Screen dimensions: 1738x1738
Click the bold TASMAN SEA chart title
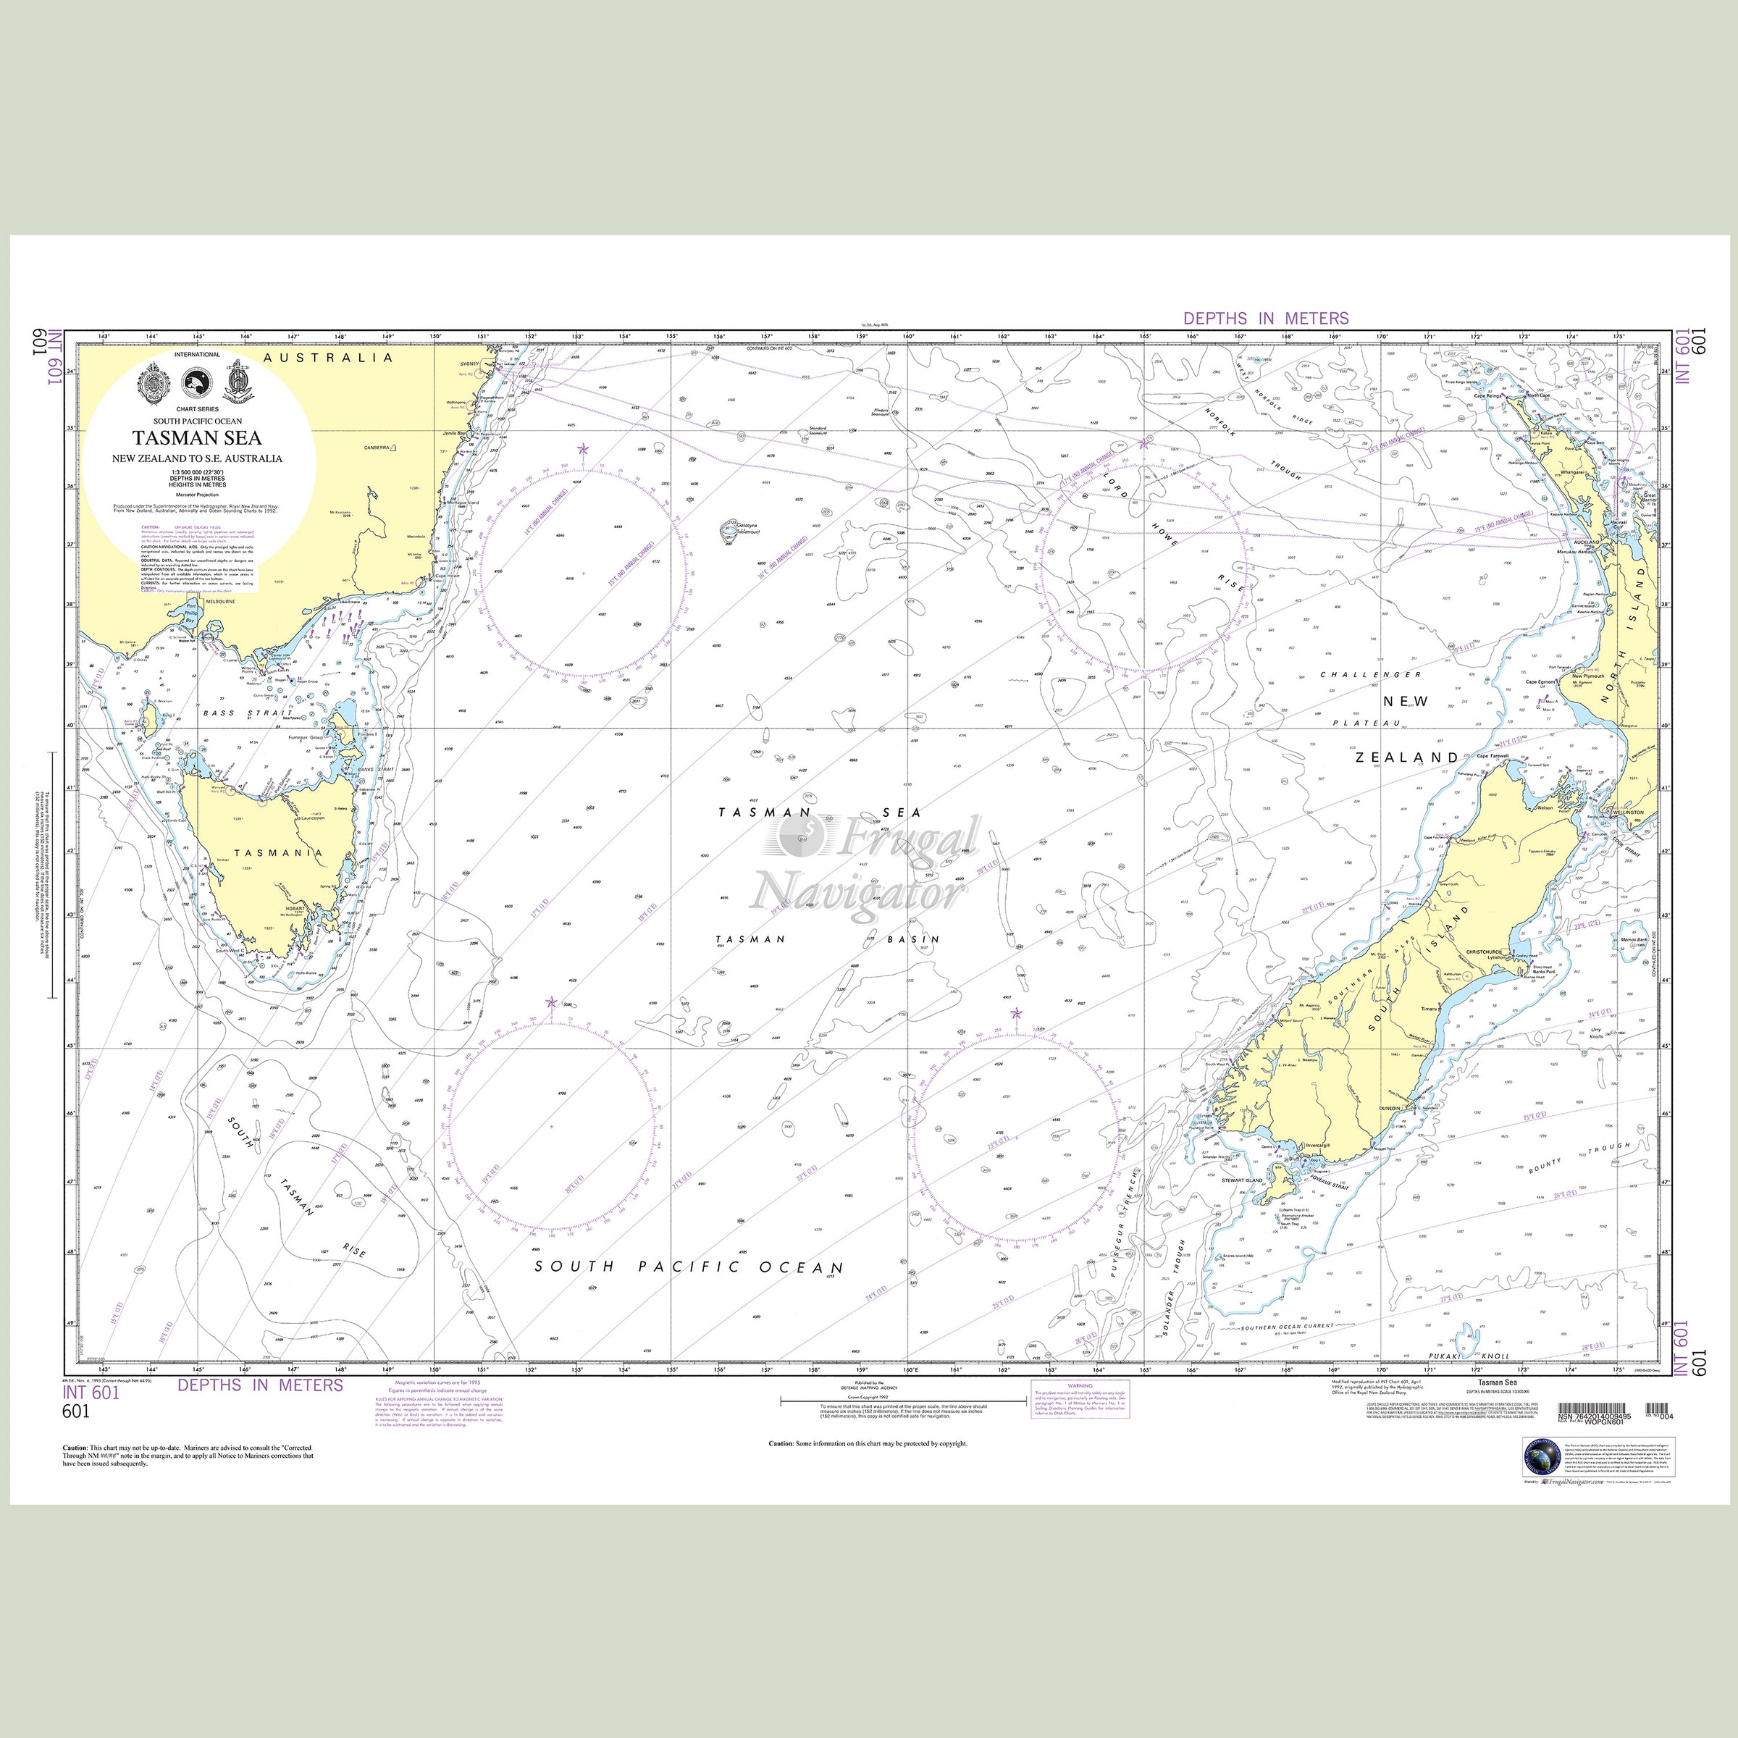click(x=198, y=438)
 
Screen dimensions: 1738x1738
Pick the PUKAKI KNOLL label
click(x=1466, y=1356)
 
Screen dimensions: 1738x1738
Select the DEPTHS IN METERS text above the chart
click(x=1266, y=319)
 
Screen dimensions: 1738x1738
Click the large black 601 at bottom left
click(x=77, y=1411)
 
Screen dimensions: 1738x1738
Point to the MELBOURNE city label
click(x=219, y=601)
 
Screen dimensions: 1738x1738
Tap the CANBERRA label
click(x=376, y=447)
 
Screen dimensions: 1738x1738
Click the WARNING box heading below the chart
click(x=1080, y=1386)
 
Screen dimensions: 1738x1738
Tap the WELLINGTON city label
click(x=1628, y=813)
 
